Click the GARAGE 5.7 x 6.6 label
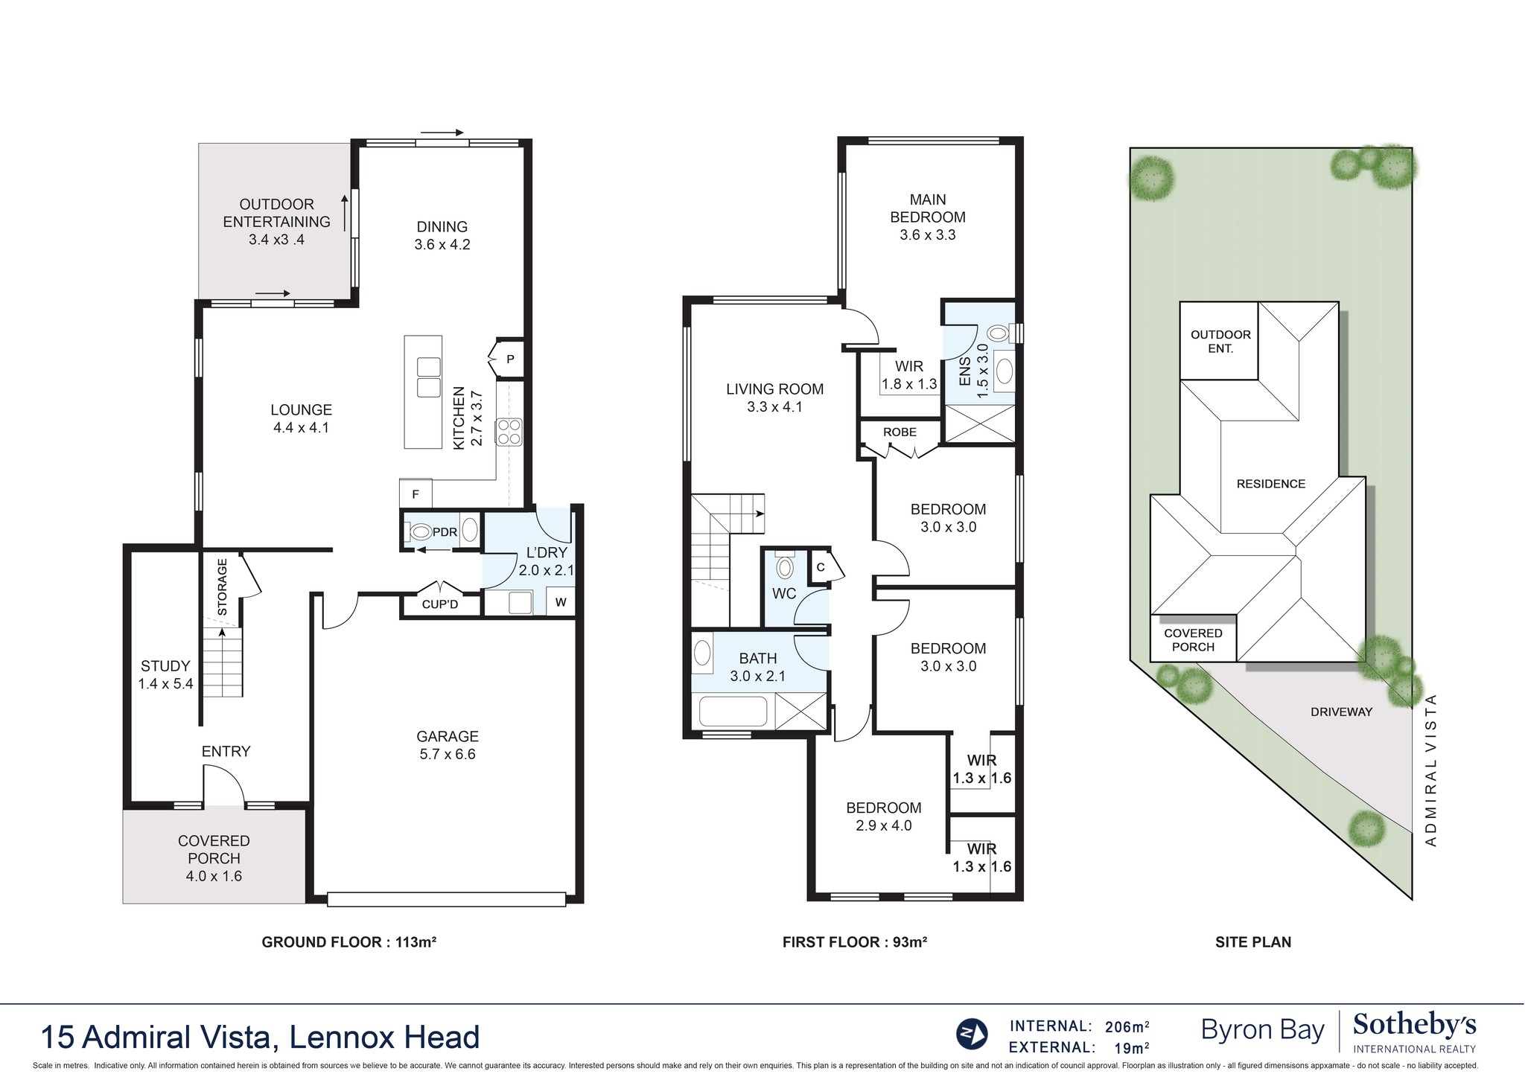click(447, 745)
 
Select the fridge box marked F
click(416, 493)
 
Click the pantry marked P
click(509, 359)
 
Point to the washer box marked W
click(561, 602)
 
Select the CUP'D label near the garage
click(440, 604)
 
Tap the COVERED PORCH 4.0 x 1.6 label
click(214, 858)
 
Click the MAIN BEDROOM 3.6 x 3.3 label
click(927, 217)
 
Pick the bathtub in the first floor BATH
click(733, 712)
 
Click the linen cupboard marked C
click(821, 567)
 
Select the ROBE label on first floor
click(900, 432)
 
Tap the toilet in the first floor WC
click(784, 568)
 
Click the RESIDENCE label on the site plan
click(1270, 484)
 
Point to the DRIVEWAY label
click(1340, 712)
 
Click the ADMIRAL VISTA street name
click(1430, 770)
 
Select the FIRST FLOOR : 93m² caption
click(854, 942)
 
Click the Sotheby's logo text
click(1414, 1026)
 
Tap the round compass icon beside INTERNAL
click(972, 1033)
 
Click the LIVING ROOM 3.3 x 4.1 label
click(774, 397)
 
